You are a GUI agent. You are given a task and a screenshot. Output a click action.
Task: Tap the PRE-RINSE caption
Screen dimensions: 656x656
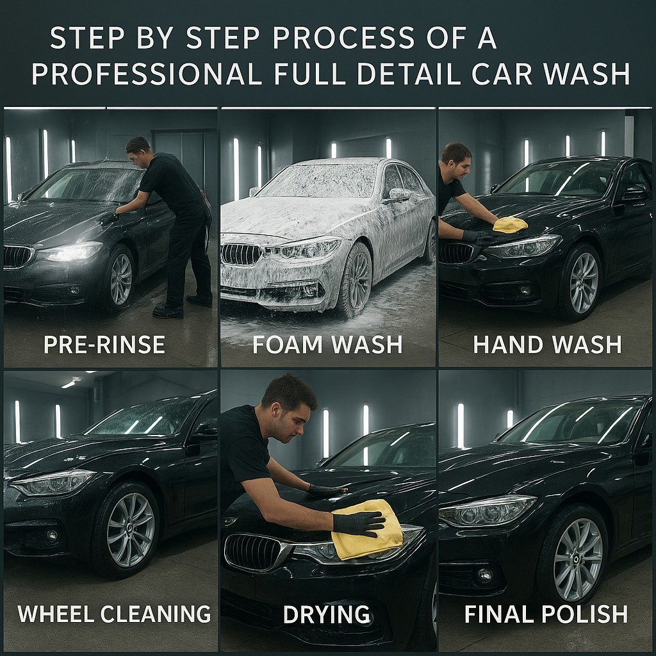click(x=104, y=344)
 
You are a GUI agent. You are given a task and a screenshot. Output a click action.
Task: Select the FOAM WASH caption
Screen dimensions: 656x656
click(x=327, y=344)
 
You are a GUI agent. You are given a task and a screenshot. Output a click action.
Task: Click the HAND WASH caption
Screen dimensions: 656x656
click(x=547, y=344)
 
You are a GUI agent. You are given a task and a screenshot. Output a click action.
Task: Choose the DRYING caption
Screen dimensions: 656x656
click(x=327, y=614)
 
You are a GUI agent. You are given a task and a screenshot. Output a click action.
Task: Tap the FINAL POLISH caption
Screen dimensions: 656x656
click(x=546, y=614)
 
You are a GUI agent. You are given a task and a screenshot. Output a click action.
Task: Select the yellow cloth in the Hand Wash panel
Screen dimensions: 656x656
click(x=510, y=225)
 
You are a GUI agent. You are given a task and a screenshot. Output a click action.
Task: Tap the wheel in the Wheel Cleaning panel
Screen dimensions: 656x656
click(x=127, y=529)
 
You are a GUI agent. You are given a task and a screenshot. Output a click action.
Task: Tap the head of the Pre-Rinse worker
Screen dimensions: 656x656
click(x=138, y=151)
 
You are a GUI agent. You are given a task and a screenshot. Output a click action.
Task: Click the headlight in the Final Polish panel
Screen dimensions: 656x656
click(x=488, y=511)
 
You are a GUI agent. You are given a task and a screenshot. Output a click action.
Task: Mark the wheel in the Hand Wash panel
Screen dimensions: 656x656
click(x=583, y=283)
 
